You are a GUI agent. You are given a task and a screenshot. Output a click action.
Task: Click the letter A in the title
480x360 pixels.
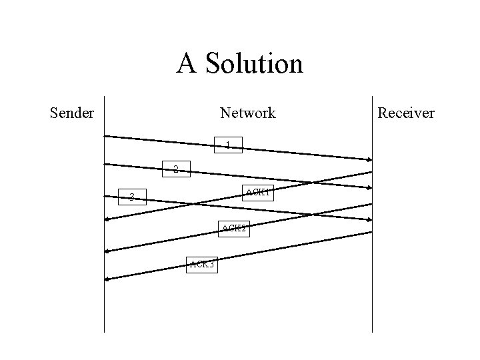[x=187, y=64]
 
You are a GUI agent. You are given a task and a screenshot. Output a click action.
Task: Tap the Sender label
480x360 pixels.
[x=72, y=113]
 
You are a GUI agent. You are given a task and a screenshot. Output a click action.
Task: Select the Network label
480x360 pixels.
[x=248, y=113]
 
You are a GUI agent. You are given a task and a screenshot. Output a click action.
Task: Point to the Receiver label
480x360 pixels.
[x=406, y=113]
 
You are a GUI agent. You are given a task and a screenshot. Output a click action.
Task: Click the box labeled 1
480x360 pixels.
[x=228, y=145]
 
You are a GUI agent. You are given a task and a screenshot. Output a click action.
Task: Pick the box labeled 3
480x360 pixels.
[x=132, y=197]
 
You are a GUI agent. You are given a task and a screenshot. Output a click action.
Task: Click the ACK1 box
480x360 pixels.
[x=257, y=193]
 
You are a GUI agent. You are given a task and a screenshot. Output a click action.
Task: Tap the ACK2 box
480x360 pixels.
[x=234, y=229]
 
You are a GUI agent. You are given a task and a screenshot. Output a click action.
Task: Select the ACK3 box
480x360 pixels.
[x=202, y=265]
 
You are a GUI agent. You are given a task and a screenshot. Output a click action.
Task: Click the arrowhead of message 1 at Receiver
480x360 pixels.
[x=369, y=159]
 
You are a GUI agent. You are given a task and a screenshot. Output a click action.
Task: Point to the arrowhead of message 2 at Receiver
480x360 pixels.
[x=369, y=189]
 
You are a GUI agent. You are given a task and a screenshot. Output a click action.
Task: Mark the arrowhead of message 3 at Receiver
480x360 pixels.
[x=369, y=219]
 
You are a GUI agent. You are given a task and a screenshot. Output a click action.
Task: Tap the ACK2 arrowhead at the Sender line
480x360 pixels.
[x=107, y=251]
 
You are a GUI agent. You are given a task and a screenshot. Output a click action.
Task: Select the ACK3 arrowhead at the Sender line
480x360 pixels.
[x=107, y=279]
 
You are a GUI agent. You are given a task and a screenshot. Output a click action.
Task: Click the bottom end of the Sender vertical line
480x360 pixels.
[x=105, y=331]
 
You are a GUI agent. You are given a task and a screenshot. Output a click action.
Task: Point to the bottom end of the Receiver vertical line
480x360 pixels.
[x=372, y=331]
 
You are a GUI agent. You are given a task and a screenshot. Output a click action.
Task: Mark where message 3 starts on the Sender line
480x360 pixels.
[x=105, y=196]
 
